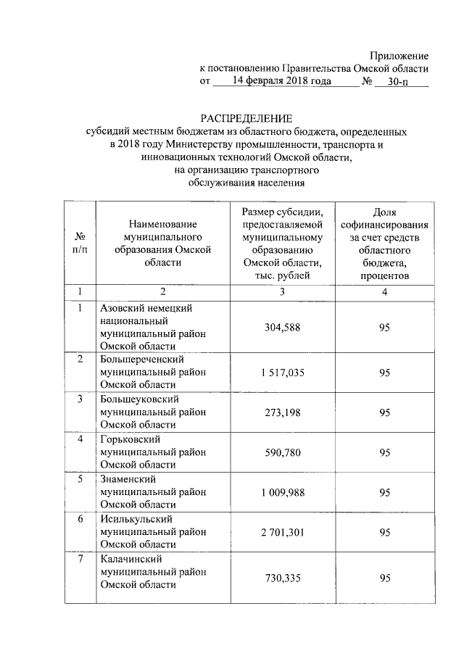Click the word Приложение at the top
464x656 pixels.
point(399,56)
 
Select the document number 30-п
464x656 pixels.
point(398,82)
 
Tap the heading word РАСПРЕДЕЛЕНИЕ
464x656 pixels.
point(246,119)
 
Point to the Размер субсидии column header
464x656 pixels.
point(282,243)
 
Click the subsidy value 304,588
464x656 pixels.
point(282,328)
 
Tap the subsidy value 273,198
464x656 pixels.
point(282,412)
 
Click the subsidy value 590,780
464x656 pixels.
point(282,452)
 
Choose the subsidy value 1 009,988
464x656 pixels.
point(282,492)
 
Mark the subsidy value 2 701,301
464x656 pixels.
point(282,532)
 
